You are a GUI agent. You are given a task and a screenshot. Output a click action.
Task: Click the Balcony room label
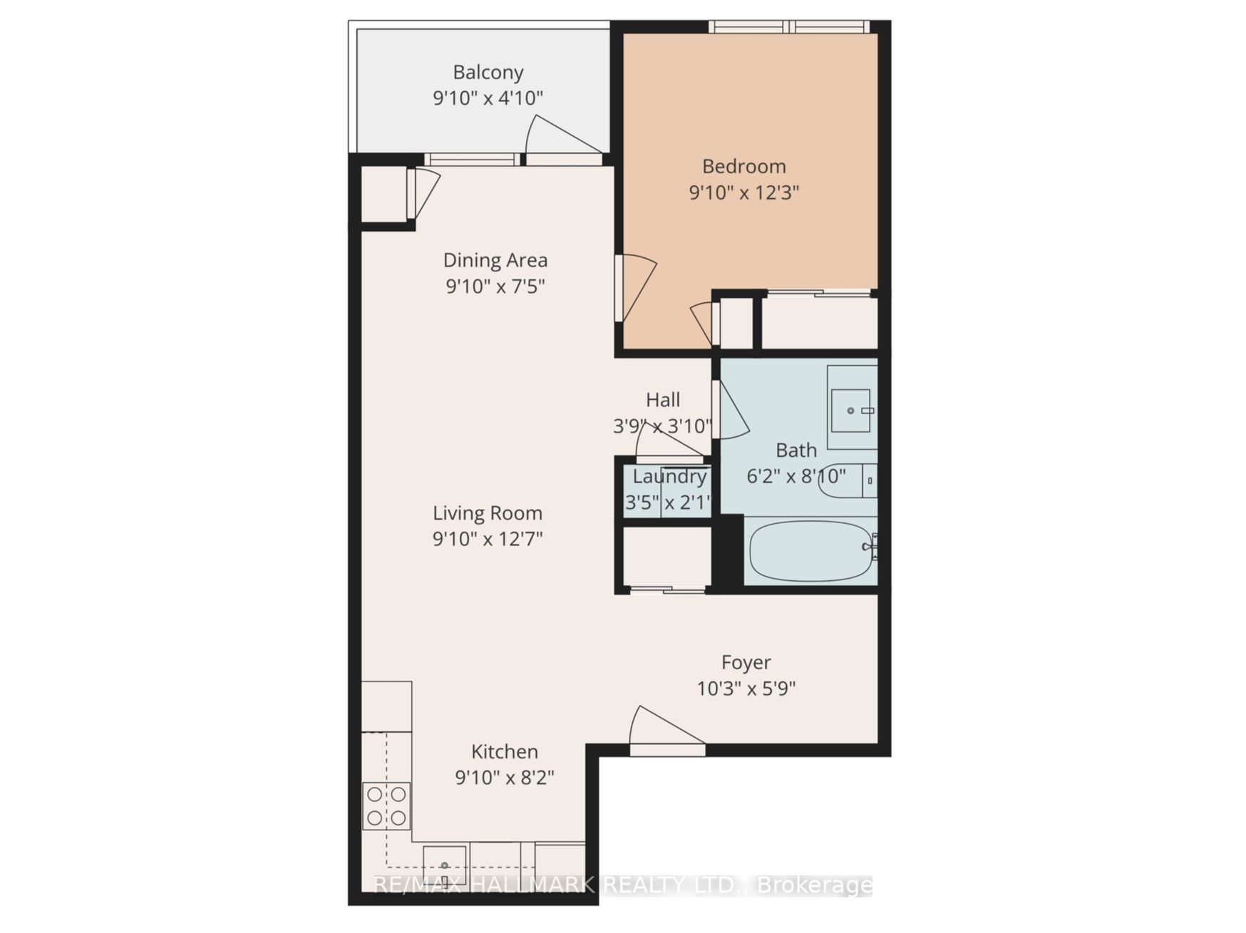point(488,73)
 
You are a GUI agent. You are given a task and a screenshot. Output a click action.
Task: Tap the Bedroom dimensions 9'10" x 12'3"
point(743,192)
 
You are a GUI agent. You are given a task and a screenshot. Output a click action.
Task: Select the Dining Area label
point(495,261)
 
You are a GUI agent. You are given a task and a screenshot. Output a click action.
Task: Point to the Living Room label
point(488,513)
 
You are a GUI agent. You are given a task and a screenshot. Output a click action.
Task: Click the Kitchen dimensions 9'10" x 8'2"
point(505,777)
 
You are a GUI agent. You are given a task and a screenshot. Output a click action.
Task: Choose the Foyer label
point(746,663)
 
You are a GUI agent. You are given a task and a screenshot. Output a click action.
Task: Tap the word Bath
point(796,450)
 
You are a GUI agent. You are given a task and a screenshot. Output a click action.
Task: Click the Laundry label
point(669,477)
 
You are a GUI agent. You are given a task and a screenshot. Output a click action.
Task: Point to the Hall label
point(663,400)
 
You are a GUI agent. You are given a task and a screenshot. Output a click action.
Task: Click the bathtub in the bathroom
point(811,551)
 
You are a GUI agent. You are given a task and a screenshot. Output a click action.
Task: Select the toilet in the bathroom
point(847,480)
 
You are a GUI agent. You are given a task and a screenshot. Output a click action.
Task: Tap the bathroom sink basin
point(850,411)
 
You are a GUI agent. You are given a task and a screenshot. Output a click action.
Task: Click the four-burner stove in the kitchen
point(386,805)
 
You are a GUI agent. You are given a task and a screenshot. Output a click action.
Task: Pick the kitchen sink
point(445,865)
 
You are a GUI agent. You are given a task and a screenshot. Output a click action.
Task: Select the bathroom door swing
point(731,411)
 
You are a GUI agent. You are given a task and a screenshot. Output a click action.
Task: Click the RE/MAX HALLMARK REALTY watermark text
point(623,885)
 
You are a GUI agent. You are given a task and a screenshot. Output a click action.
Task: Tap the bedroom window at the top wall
point(789,26)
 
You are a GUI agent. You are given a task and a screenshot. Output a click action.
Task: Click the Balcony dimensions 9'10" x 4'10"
point(488,98)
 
